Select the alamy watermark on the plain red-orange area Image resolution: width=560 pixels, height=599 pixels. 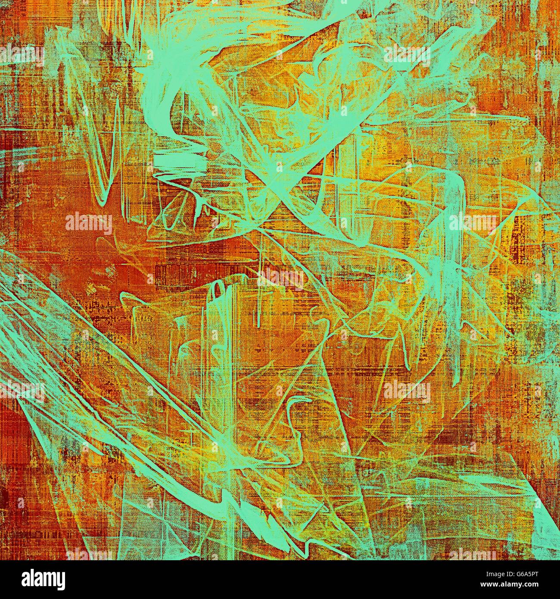click(x=88, y=223)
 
